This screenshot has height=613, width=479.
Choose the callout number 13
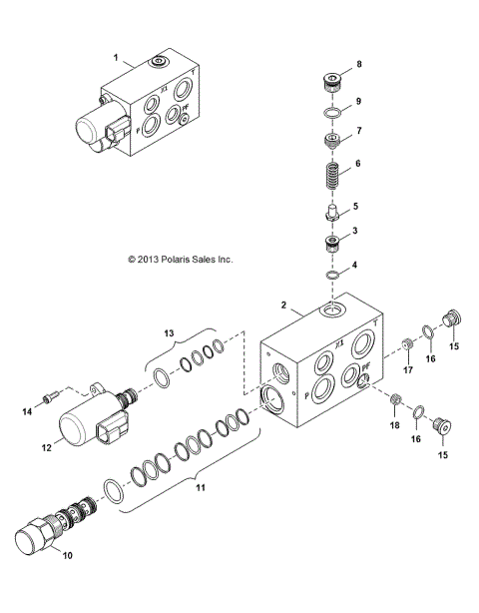tap(169, 333)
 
